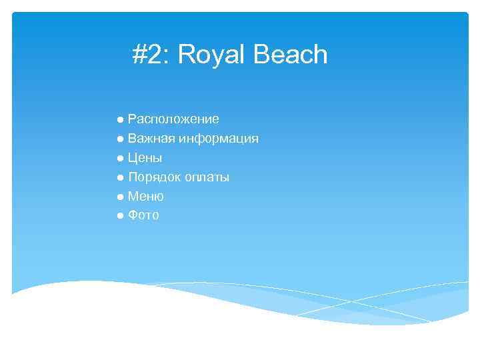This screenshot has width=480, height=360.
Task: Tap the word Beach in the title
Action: click(290, 55)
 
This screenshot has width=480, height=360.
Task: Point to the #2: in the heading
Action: click(152, 55)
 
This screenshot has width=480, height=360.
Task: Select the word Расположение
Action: click(173, 119)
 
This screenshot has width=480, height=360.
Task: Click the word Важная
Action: click(151, 139)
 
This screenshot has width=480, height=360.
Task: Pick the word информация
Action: click(219, 139)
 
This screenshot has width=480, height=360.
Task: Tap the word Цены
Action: click(145, 158)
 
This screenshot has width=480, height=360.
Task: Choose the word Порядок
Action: click(155, 177)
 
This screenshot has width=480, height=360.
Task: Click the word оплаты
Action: click(207, 177)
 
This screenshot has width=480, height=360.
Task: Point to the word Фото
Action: click(143, 216)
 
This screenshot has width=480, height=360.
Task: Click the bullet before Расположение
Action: click(119, 120)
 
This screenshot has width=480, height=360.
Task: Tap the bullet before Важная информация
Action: click(119, 139)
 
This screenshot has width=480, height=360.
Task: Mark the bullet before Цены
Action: click(119, 159)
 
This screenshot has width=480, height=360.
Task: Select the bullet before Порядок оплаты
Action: click(119, 178)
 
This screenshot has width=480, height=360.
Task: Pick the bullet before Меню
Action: click(119, 197)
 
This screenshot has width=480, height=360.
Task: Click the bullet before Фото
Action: click(119, 217)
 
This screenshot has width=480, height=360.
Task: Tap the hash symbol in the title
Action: click(139, 55)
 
